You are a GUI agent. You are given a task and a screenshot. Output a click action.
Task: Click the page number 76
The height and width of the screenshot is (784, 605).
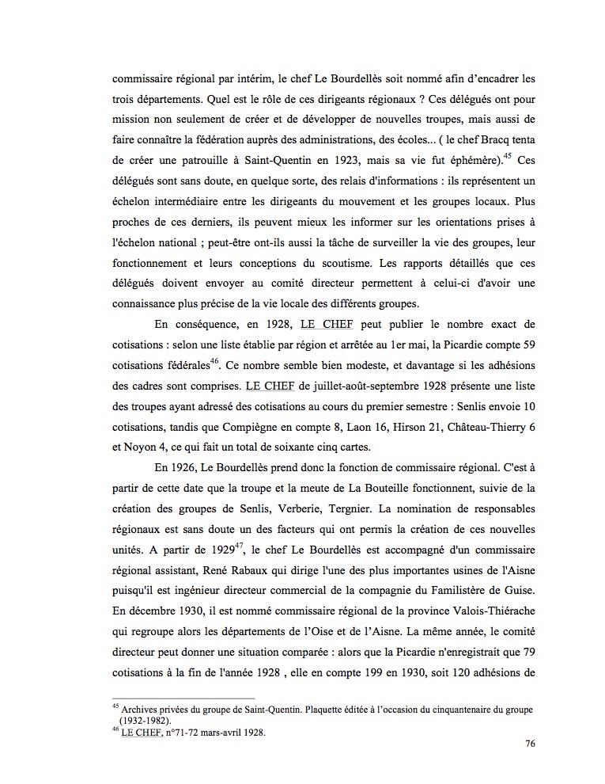pyautogui.click(x=529, y=744)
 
